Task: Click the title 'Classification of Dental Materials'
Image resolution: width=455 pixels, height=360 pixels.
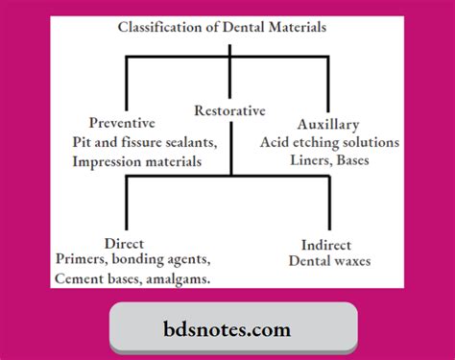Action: pyautogui.click(x=222, y=27)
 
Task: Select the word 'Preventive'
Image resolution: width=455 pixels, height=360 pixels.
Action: pyautogui.click(x=122, y=123)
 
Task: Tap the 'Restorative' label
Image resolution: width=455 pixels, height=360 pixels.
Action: pyautogui.click(x=230, y=109)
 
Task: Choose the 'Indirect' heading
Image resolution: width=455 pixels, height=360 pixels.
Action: pyautogui.click(x=325, y=244)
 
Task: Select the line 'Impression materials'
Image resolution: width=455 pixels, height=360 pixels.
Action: pyautogui.click(x=137, y=161)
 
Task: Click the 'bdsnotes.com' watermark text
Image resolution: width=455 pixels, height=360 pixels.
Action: pyautogui.click(x=227, y=329)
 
